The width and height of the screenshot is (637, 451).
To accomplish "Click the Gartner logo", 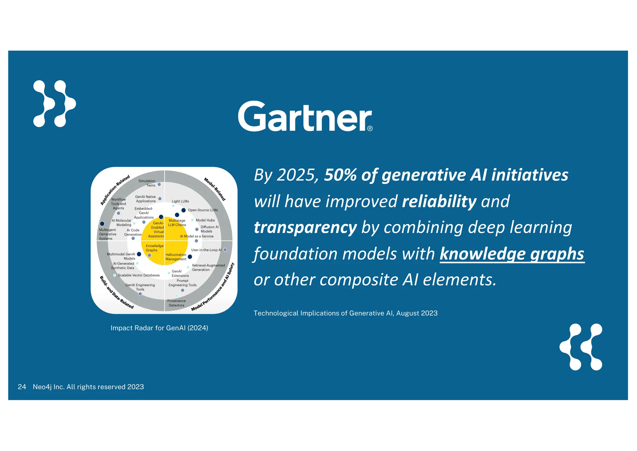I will coord(305,117).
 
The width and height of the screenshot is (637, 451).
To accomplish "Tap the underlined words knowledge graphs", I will coord(512,254).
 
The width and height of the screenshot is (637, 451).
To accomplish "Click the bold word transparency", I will coord(305,227).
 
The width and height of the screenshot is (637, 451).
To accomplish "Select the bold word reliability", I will coord(439,201).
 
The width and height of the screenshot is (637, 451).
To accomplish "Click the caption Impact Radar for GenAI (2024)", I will coord(159,328).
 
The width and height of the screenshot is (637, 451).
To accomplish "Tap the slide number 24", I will coord(22,387).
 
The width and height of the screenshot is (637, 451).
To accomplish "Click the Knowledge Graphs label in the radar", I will coord(154,248).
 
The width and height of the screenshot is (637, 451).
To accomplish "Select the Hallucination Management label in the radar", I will coord(176,257).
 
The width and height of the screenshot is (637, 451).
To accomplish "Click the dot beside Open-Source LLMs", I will coord(184,210).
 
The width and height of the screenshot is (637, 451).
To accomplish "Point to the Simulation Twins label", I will coord(147,183).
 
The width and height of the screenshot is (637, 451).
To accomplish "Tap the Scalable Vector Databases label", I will coord(139,275).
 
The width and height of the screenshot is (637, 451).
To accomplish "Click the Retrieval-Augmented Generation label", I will coord(208,268).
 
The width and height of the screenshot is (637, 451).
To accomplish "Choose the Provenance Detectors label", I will coord(176,303).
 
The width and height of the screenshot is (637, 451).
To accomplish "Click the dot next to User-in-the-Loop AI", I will coord(225,250).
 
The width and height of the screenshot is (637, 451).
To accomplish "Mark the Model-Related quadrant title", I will coord(215,189).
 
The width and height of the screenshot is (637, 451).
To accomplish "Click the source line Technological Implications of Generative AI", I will coord(345,313).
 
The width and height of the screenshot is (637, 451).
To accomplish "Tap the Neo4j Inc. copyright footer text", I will coord(88,387).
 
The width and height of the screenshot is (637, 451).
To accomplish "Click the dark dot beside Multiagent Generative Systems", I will coord(102,224).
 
